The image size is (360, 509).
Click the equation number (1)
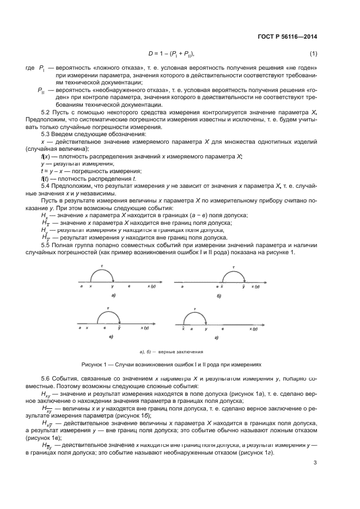tap(313, 53)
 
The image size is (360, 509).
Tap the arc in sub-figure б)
tap(234, 275)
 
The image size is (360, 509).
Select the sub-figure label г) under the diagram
tap(216, 339)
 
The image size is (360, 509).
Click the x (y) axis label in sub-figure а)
tap(151, 286)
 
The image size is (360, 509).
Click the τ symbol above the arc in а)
tap(101, 266)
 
